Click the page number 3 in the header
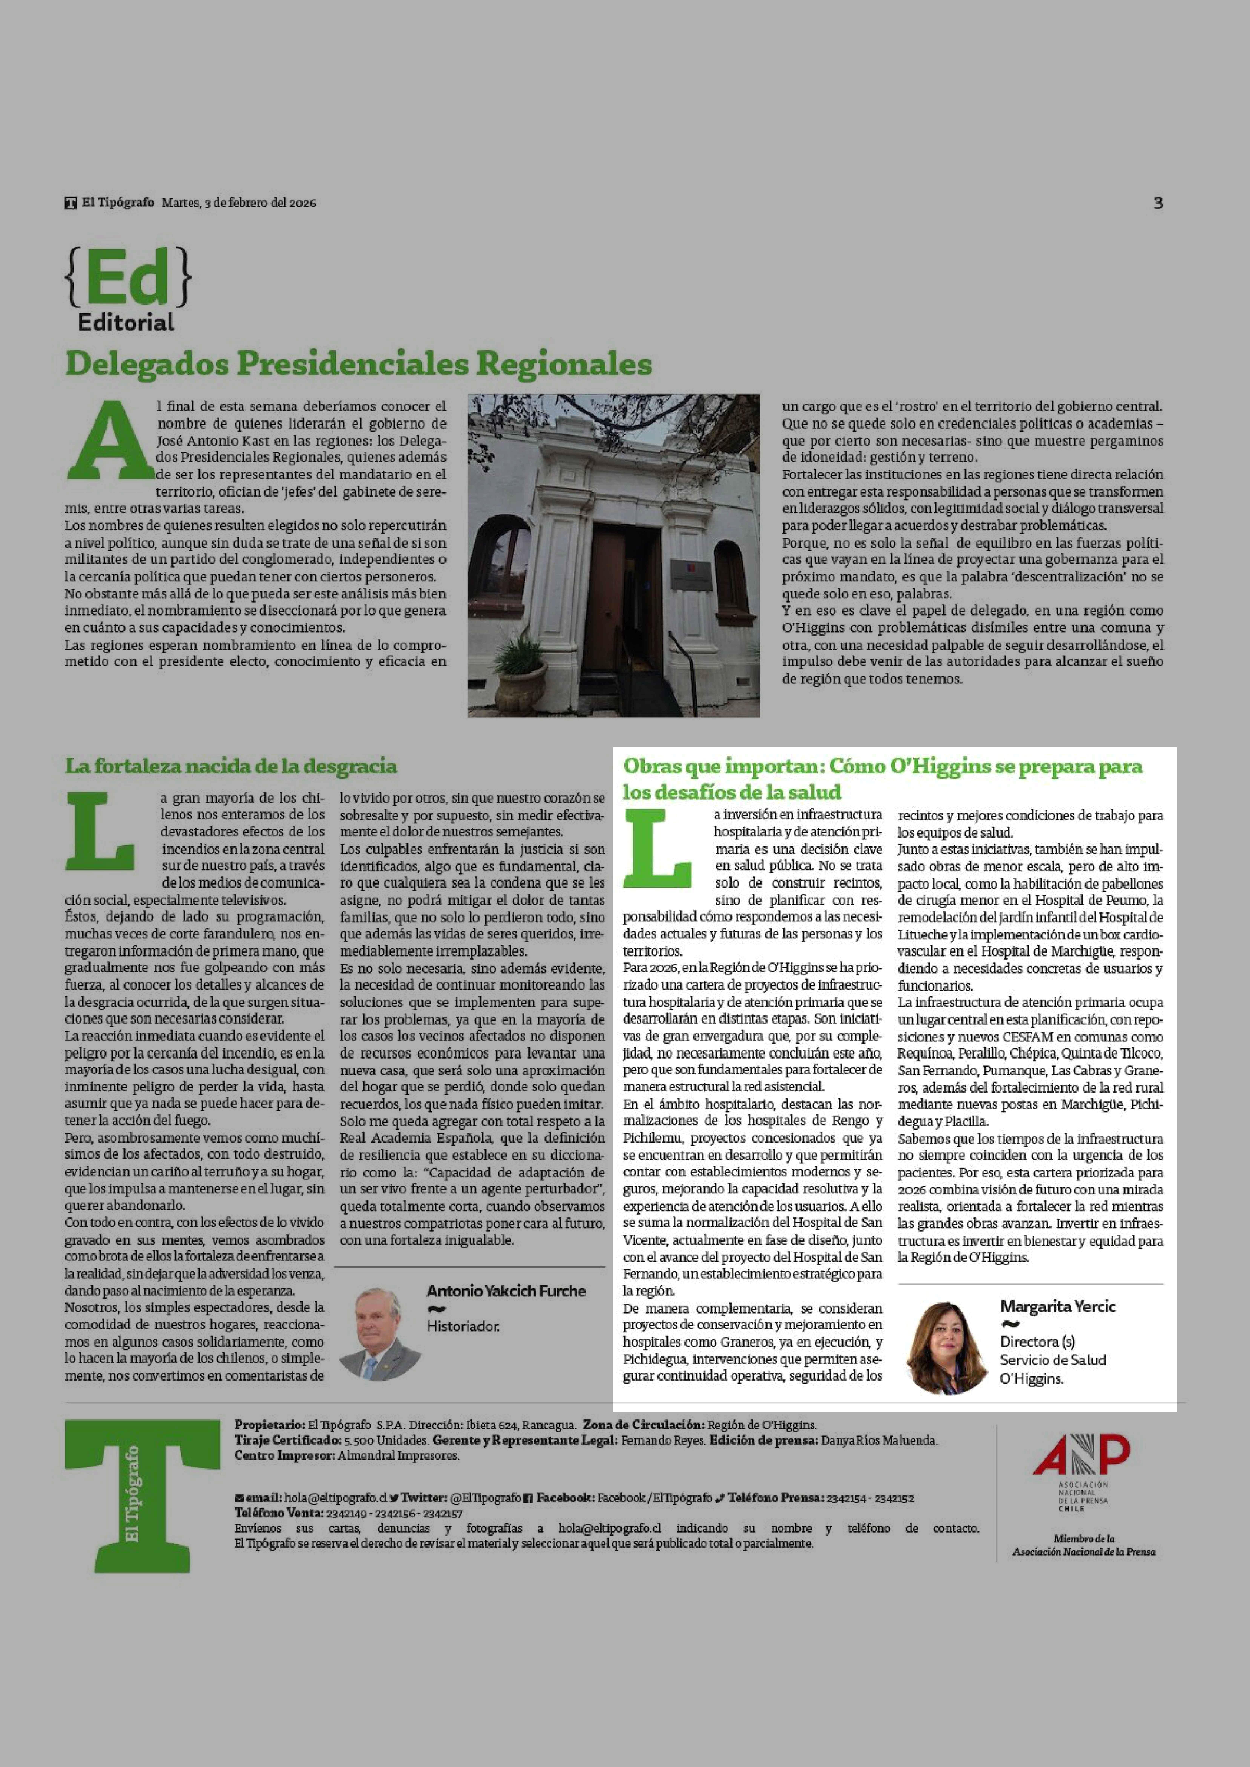[1158, 203]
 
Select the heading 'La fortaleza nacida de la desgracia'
[231, 766]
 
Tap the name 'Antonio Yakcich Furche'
[506, 1291]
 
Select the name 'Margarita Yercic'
[1058, 1306]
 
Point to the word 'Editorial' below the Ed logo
[126, 322]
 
